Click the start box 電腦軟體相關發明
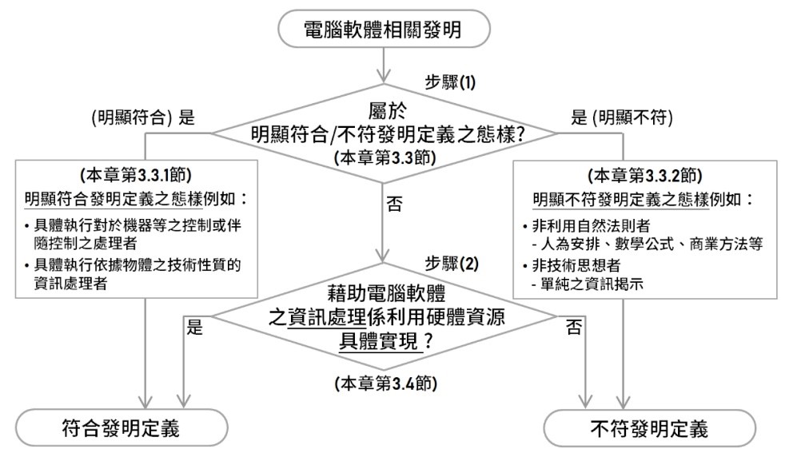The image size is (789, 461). (x=384, y=29)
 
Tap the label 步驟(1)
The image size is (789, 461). (x=450, y=82)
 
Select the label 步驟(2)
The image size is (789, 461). (x=452, y=263)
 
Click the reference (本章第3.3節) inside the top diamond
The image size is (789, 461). (x=385, y=157)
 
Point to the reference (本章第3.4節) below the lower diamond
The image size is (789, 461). (x=385, y=384)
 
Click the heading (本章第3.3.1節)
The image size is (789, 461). (x=136, y=175)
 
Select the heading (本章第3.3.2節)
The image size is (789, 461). (x=644, y=176)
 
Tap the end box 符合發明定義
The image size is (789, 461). (x=122, y=428)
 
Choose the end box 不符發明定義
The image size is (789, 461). (x=650, y=429)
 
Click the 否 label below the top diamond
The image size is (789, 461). (x=395, y=204)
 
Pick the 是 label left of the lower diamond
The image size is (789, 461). (x=195, y=327)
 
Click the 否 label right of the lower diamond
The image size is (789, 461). (x=574, y=328)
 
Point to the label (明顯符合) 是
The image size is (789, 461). (x=143, y=117)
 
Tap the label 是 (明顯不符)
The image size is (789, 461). (x=622, y=117)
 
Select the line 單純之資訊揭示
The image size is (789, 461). (x=588, y=284)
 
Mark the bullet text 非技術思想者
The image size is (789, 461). (x=572, y=265)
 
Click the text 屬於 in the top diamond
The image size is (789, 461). (x=387, y=110)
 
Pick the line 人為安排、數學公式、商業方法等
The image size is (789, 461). (x=648, y=244)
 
